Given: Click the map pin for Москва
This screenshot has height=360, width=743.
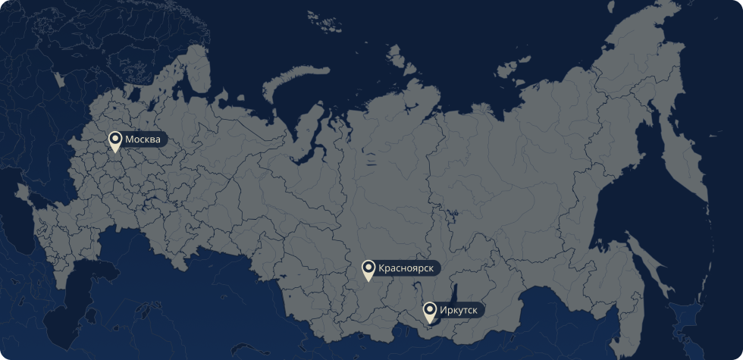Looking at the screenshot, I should click(115, 141).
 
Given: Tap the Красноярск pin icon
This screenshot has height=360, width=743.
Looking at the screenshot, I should click(368, 269).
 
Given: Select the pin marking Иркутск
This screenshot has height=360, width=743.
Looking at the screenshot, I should click(430, 311).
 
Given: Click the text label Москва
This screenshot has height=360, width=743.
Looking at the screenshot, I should click(143, 140).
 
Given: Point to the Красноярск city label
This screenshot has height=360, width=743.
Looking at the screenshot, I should click(406, 268).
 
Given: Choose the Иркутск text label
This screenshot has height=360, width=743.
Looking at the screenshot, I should click(459, 309).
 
